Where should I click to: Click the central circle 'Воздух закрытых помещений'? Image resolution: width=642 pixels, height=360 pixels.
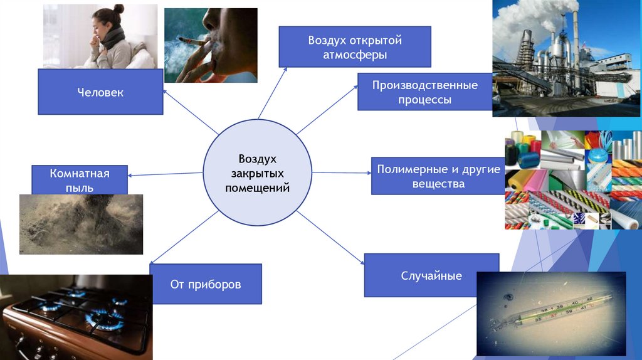[x=257, y=172]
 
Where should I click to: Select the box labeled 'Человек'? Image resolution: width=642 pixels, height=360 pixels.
[x=100, y=92]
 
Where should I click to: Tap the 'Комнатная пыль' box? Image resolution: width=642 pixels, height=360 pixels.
[x=80, y=179]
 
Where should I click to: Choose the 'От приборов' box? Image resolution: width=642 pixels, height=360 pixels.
[x=206, y=284]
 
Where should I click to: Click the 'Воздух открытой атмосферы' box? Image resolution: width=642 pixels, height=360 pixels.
[x=354, y=47]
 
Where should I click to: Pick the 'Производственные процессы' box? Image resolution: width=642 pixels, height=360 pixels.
[x=424, y=92]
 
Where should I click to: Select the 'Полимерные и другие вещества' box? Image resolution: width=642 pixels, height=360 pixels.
[x=438, y=176]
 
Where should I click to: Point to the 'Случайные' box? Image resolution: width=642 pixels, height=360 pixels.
[x=431, y=275]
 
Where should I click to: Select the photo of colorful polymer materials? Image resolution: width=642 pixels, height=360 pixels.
[x=572, y=180]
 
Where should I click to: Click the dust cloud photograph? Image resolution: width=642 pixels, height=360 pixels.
[x=81, y=224]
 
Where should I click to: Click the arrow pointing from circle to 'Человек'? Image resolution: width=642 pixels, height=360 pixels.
[x=191, y=112]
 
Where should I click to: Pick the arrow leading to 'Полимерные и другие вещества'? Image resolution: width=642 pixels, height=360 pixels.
[x=342, y=172]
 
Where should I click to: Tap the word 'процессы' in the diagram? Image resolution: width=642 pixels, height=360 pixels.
[x=424, y=100]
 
